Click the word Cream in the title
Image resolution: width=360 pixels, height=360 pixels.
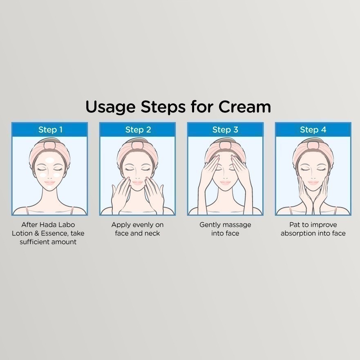pyautogui.click(x=244, y=107)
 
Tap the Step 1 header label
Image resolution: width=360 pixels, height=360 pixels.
pyautogui.click(x=50, y=130)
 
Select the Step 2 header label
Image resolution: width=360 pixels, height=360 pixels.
pyautogui.click(x=138, y=130)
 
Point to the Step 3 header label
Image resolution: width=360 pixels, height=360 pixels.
pyautogui.click(x=225, y=130)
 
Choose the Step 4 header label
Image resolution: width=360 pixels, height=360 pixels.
pyautogui.click(x=313, y=130)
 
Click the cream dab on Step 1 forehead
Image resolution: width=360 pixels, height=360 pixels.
pyautogui.click(x=49, y=160)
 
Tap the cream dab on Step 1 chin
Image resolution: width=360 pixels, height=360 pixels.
pyautogui.click(x=49, y=187)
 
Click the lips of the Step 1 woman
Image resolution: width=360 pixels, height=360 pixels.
pyautogui.click(x=49, y=183)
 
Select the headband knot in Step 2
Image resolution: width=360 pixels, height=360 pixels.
pyautogui.click(x=137, y=145)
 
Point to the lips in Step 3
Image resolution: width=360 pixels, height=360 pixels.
pyautogui.click(x=225, y=183)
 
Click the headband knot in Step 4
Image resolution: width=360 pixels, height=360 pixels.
pyautogui.click(x=313, y=145)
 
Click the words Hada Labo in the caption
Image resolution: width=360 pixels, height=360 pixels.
pyautogui.click(x=57, y=225)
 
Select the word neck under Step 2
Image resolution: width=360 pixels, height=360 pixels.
pyautogui.click(x=152, y=233)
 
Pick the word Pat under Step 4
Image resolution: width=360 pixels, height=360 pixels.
pyautogui.click(x=294, y=225)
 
